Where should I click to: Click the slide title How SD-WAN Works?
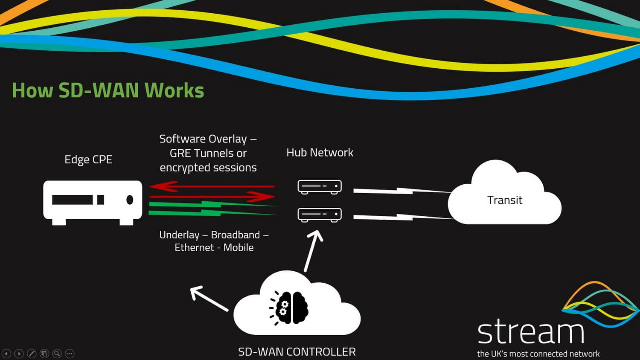(108, 90)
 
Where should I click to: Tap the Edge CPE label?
(88, 160)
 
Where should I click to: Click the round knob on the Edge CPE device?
(130, 200)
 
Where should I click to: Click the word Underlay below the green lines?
(179, 235)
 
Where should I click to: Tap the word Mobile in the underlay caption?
(239, 248)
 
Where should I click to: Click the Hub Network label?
(320, 153)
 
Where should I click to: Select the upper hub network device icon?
(320, 187)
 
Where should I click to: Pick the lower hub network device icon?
(320, 215)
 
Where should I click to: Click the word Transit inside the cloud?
(505, 200)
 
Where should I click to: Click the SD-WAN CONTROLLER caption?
(297, 352)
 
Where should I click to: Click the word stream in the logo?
(530, 333)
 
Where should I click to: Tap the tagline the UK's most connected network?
(538, 354)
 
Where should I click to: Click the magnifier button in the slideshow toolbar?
(57, 354)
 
